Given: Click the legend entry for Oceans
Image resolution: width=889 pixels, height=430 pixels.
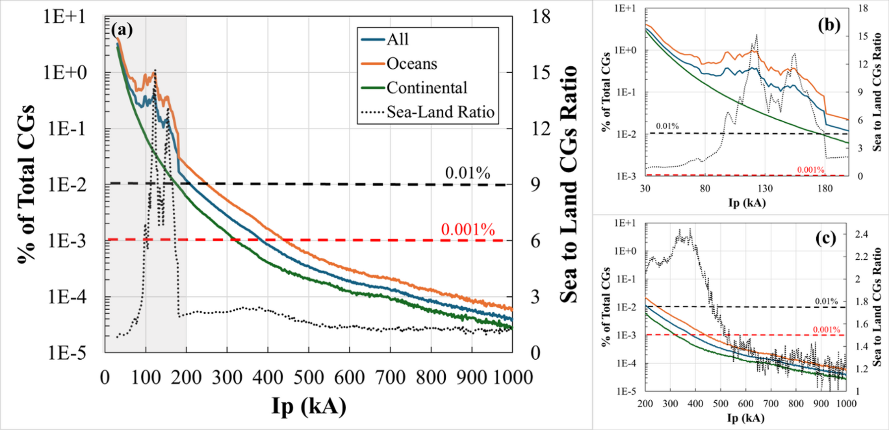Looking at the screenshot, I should tap(411, 64).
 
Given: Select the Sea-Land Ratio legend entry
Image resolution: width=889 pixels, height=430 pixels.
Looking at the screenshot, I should tap(440, 112).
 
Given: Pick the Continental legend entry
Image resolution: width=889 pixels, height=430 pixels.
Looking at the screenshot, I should tap(426, 88).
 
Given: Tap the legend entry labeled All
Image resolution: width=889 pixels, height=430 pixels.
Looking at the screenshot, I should tap(397, 40).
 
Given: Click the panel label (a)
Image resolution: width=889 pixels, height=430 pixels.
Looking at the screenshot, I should tap(122, 30).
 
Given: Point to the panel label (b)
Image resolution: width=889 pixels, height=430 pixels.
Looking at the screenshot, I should tap(829, 25).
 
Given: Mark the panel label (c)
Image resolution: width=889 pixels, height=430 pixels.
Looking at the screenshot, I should tap(826, 238).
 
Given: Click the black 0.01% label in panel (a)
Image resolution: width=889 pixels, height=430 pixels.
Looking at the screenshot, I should tap(467, 173).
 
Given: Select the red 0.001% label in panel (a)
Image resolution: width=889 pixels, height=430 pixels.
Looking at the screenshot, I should tap(468, 230).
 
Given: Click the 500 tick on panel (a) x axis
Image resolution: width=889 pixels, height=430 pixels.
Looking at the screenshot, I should tap(309, 378).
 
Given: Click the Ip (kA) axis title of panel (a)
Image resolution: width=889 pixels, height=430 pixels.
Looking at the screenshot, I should tap(309, 406).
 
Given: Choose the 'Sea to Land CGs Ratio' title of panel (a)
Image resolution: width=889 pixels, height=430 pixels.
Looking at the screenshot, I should tap(569, 184).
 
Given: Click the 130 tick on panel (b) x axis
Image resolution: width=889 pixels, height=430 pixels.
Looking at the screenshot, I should tap(765, 189).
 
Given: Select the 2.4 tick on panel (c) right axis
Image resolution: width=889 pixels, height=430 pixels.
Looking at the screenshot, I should tap(862, 234).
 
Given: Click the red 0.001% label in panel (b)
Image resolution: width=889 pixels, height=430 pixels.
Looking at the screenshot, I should tap(810, 170).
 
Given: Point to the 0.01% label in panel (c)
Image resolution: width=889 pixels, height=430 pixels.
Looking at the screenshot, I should tap(826, 301).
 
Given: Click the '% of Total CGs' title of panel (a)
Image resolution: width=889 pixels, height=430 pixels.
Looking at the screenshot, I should tap(26, 184).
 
